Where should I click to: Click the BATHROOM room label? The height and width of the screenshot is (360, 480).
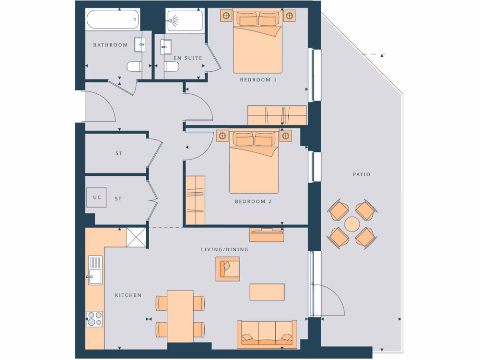110,45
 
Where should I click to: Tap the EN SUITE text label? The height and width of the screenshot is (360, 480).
187,58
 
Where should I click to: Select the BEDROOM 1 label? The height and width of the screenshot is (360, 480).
258,80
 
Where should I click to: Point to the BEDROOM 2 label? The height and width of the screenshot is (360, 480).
253,202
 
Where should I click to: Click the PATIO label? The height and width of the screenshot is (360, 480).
361,174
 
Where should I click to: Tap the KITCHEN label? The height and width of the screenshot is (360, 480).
128,295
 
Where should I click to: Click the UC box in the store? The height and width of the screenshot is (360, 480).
97,197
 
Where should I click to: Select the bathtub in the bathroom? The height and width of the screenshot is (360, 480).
112,20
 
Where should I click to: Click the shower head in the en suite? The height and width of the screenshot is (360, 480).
175,20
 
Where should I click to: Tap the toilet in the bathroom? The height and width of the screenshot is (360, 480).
134,67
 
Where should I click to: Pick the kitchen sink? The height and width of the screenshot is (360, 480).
95,270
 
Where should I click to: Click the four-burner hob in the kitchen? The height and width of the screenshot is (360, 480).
95,319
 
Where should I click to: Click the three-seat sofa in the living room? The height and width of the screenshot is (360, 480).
267,334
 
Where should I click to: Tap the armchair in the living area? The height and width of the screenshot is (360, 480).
228,269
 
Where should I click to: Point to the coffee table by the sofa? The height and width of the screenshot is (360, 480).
267,292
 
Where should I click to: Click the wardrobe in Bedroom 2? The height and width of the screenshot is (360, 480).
195,200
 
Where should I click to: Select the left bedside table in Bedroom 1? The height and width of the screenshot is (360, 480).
226,16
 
